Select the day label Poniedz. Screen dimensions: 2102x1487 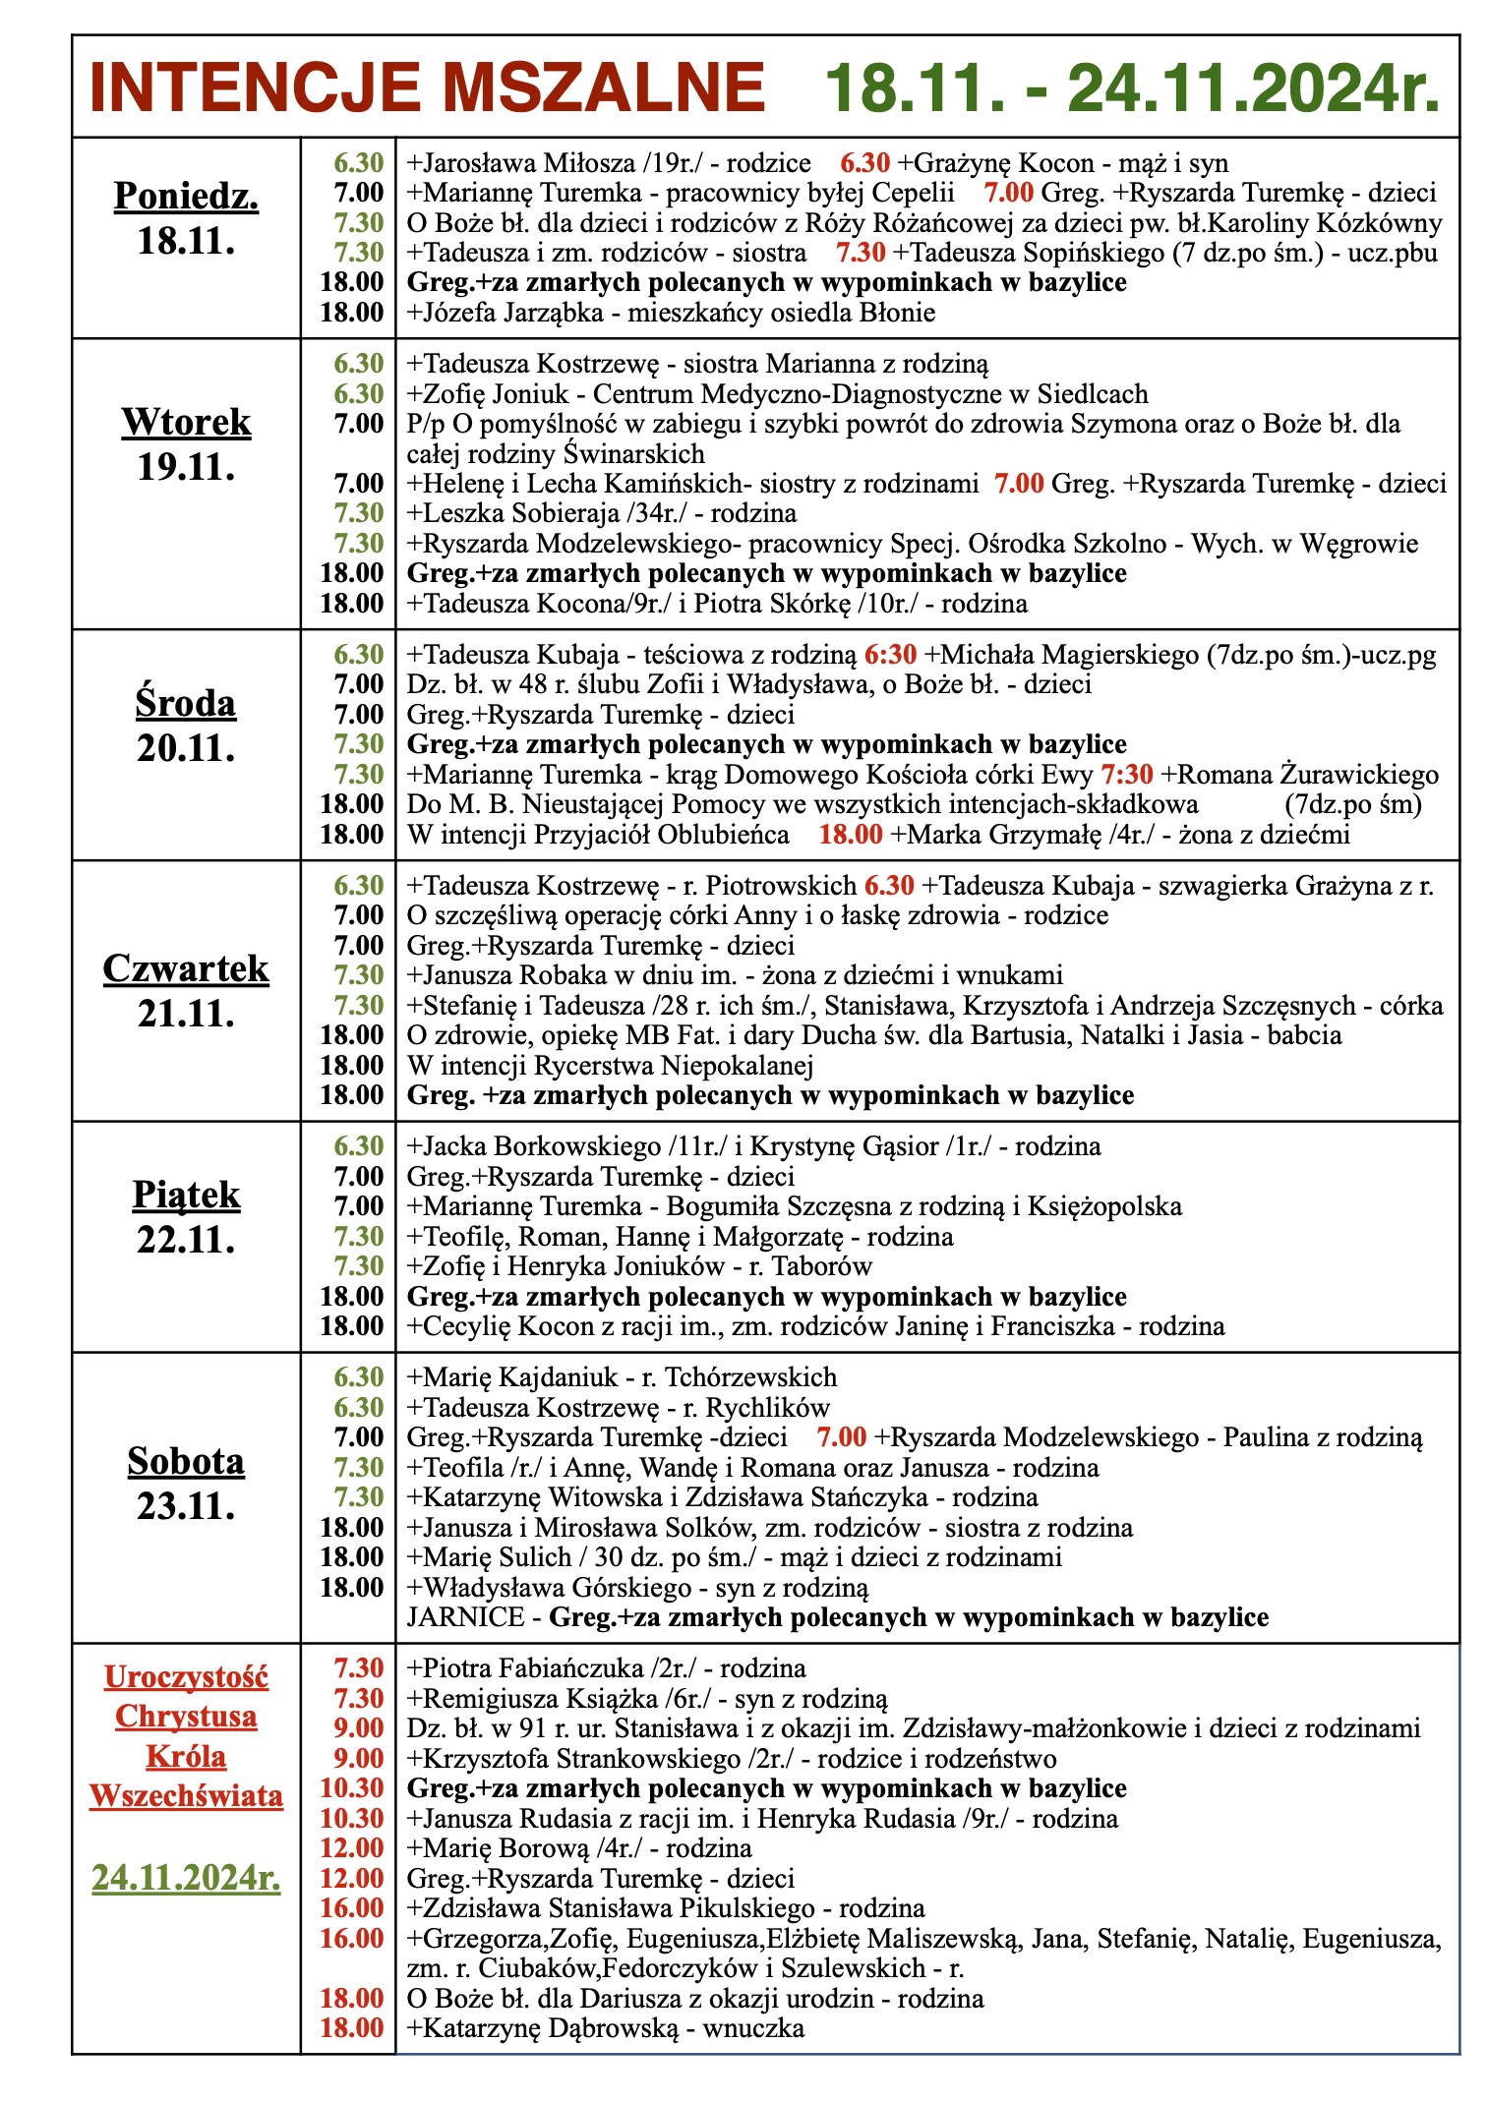point(186,196)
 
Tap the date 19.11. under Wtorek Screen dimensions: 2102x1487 point(186,467)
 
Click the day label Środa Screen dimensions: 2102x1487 point(186,703)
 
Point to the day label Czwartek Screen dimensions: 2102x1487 point(186,968)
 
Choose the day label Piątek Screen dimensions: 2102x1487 point(186,1195)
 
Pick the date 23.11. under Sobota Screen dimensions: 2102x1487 point(186,1506)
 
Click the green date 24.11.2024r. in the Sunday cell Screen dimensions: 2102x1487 point(186,1878)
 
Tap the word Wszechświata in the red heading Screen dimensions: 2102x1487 point(186,1795)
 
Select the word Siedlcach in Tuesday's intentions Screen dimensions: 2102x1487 point(1093,394)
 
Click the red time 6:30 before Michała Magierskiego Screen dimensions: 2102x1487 point(890,655)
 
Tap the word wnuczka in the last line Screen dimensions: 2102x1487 point(753,2028)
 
